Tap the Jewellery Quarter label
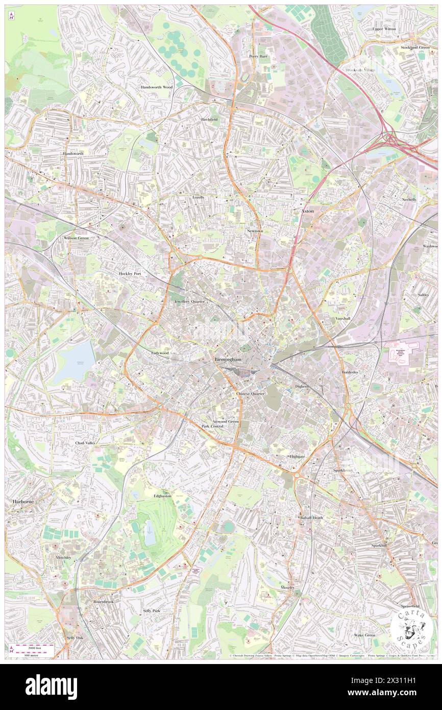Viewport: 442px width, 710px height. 189,302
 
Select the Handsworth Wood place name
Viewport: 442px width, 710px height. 157,87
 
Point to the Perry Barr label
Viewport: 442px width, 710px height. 258,56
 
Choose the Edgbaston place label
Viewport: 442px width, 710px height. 159,495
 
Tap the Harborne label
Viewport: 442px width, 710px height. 21,502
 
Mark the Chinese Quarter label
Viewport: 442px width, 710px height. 250,394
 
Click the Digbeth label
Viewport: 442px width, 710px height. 303,387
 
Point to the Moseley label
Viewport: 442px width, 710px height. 287,587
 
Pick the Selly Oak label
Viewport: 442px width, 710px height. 75,638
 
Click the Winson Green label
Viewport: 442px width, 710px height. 76,238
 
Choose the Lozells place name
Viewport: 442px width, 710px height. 198,197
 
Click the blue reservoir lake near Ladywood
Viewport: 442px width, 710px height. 75,363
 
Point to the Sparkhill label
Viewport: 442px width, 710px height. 382,546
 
